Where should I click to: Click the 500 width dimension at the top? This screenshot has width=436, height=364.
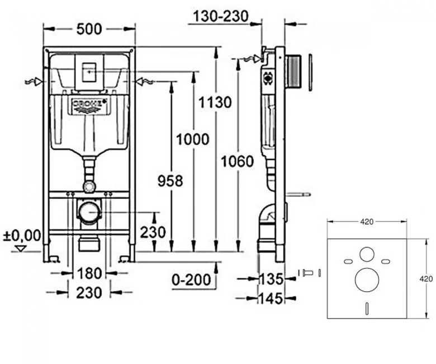[89, 29]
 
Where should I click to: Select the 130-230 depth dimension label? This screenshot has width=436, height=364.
[220, 17]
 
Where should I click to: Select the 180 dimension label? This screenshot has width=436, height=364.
[89, 273]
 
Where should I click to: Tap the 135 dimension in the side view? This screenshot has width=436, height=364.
[271, 278]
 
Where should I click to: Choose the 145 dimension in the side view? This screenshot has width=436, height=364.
[271, 298]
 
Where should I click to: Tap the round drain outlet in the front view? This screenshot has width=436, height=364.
[88, 212]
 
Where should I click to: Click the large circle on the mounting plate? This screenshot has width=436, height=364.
[367, 280]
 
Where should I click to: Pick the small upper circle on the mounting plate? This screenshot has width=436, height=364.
[367, 254]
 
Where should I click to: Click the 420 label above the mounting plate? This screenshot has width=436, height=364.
[367, 222]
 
